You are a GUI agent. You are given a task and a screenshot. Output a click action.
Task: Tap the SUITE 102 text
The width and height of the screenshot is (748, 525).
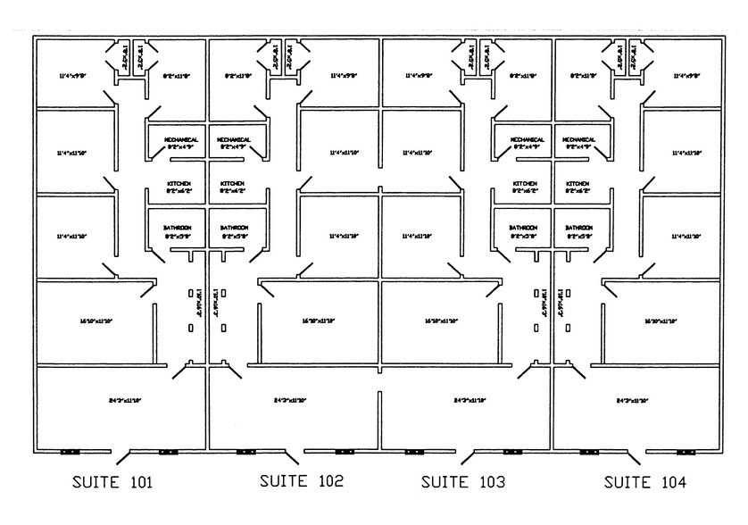pos(301,481)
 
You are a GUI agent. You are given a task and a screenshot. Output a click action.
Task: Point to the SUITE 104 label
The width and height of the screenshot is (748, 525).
pos(645,483)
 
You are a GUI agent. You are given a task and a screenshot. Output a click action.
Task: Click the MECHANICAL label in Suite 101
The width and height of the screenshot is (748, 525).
pos(180,140)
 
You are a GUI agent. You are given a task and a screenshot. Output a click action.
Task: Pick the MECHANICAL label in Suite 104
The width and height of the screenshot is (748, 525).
pos(579,140)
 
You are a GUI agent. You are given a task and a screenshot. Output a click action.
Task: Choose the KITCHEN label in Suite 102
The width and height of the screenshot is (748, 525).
pos(232,184)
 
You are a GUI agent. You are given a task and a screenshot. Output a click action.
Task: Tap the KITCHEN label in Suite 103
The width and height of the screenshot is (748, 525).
pos(526,184)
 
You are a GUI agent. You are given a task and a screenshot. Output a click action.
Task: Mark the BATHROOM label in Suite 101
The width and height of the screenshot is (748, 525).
pos(178,229)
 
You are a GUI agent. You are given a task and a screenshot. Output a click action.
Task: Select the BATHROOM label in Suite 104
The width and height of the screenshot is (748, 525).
pos(579,229)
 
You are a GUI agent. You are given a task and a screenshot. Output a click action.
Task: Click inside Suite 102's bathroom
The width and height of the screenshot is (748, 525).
pos(234,241)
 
